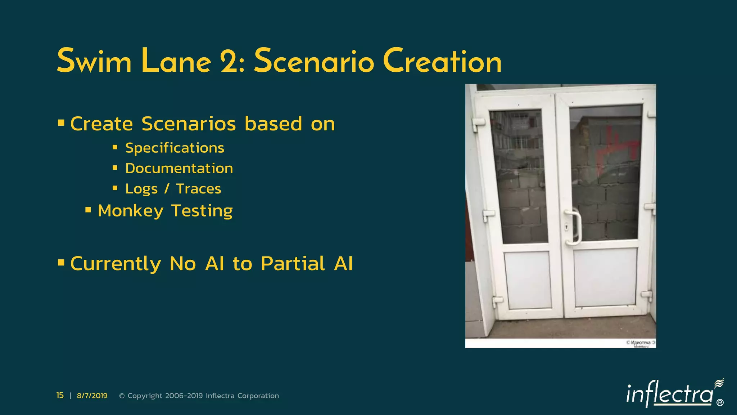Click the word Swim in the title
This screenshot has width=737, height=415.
[x=94, y=61]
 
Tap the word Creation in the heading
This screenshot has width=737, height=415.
[x=442, y=61]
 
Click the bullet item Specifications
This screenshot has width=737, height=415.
[x=175, y=148]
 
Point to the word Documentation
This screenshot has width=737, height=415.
[x=179, y=169]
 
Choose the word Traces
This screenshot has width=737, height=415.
[x=198, y=189]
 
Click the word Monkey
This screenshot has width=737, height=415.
[x=130, y=211]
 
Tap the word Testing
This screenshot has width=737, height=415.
[x=202, y=211]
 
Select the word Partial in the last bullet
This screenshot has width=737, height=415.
[x=293, y=263]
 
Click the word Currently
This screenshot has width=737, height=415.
[x=116, y=263]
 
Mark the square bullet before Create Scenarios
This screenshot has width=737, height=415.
[x=61, y=123]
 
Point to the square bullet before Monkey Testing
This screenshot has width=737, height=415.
[x=88, y=210]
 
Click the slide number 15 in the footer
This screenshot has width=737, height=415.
[x=60, y=396]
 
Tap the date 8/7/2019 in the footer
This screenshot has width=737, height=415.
[x=92, y=396]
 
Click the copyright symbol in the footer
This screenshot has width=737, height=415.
[x=122, y=396]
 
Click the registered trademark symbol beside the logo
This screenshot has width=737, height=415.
[x=720, y=403]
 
